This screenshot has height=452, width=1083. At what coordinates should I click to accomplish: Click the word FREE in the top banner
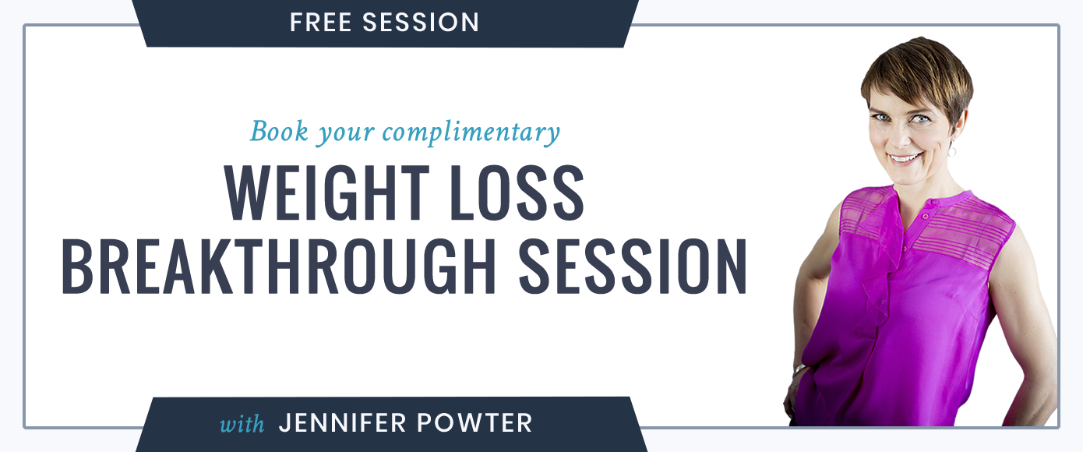point(320,23)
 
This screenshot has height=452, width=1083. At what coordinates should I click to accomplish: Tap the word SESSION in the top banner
point(421,23)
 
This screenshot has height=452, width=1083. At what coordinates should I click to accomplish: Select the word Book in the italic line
point(279,131)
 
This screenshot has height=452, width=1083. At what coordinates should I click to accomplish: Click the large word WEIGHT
point(326,193)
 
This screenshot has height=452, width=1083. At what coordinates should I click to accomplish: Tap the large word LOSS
point(517,193)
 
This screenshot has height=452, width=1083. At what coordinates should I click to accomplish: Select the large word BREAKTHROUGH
point(278,266)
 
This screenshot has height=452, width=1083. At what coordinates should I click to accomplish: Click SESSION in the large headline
point(633,266)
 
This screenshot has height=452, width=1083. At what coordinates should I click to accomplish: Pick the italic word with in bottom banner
point(242,423)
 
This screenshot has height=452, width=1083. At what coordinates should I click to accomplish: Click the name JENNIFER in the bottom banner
point(342,423)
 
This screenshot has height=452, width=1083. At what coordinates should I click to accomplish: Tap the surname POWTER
point(474,423)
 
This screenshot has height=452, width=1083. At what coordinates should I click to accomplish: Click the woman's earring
point(951,151)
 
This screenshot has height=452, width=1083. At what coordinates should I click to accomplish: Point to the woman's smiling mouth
point(905,158)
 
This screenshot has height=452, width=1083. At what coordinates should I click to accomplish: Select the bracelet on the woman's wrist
point(799,371)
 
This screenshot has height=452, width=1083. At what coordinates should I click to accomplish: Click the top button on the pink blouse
point(925,216)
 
